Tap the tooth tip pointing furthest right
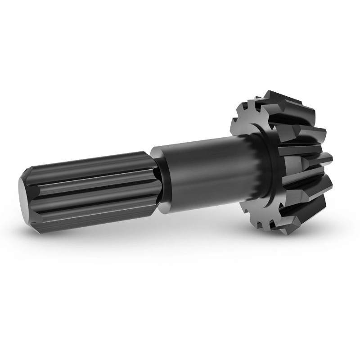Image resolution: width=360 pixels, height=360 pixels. coord(328,157)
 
